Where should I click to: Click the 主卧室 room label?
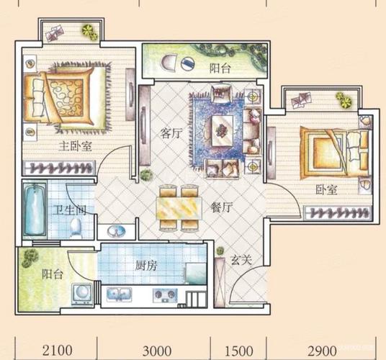(x=75, y=147)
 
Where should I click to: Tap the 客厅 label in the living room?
(x=171, y=134)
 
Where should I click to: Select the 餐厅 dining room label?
(x=222, y=207)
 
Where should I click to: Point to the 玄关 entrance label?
(x=241, y=260)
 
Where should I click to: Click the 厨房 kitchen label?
(x=146, y=266)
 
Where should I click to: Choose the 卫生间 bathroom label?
(x=70, y=211)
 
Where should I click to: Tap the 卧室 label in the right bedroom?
(x=326, y=189)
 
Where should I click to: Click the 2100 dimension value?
(x=58, y=351)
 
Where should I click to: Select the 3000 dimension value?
(x=157, y=351)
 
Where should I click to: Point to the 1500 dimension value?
(x=239, y=351)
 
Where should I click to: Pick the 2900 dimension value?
(x=322, y=351)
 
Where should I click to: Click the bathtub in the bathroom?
(x=35, y=210)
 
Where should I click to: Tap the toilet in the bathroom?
(x=76, y=228)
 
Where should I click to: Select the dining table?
(x=179, y=208)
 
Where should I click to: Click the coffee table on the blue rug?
(x=223, y=130)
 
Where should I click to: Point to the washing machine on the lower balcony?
(x=83, y=294)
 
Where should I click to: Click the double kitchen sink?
(x=119, y=294)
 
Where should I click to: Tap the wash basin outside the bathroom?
(x=116, y=231)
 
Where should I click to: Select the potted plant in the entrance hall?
(x=220, y=251)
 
